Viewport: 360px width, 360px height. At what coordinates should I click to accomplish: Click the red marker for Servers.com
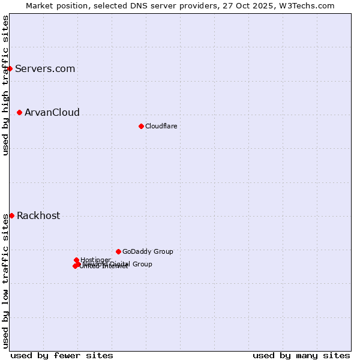(10, 68)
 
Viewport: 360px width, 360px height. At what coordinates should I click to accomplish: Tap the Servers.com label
(45, 68)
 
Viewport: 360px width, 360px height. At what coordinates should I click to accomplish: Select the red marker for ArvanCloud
(20, 112)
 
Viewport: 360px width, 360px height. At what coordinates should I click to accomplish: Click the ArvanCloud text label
(52, 112)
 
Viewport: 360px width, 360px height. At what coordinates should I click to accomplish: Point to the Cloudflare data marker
(141, 126)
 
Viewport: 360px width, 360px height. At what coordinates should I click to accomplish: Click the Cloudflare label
(161, 126)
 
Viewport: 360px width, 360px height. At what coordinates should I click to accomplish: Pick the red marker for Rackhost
(11, 215)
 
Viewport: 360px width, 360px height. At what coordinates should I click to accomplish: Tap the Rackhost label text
(38, 216)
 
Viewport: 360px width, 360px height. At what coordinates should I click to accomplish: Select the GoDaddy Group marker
(118, 251)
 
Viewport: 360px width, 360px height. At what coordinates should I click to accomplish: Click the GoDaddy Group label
(148, 251)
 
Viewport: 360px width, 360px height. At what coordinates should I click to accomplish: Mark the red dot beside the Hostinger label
(77, 260)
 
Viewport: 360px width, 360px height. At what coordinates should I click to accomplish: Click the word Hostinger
(96, 259)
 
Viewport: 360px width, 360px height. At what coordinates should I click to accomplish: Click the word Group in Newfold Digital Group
(142, 264)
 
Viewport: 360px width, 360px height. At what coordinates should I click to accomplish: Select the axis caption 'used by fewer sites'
(62, 355)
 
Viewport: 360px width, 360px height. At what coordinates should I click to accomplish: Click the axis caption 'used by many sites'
(301, 355)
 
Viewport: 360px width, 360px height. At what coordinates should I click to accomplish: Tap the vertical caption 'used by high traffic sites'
(5, 85)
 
